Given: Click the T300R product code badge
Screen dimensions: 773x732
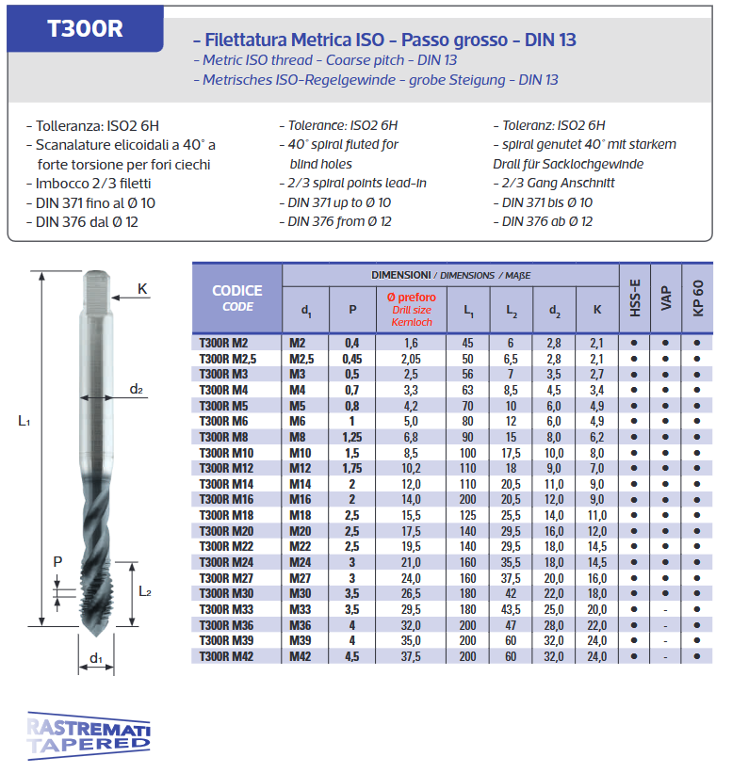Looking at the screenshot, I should click(x=85, y=28).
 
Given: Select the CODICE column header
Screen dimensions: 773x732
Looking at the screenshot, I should click(x=237, y=298).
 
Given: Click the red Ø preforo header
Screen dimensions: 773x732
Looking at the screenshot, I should click(x=411, y=309).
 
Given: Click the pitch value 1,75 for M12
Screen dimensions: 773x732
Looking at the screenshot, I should click(x=352, y=468).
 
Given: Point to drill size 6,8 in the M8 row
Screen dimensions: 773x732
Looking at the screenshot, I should click(x=411, y=436).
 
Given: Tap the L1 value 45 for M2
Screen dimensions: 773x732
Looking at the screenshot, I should click(x=468, y=343).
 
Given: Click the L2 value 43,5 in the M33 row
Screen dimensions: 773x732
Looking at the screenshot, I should click(x=511, y=609).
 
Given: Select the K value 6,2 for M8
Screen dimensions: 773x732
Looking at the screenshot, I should click(x=596, y=436).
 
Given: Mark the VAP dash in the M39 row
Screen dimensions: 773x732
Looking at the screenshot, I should click(x=665, y=641).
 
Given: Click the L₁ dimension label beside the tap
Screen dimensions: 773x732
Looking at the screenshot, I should click(x=24, y=422).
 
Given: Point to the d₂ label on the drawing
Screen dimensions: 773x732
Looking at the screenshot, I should click(x=137, y=389).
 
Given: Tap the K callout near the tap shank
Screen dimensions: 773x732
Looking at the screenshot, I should click(x=142, y=289).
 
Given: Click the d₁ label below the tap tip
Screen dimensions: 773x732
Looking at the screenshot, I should click(x=95, y=657).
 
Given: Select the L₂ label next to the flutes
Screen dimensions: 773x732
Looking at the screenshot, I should click(x=145, y=591).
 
